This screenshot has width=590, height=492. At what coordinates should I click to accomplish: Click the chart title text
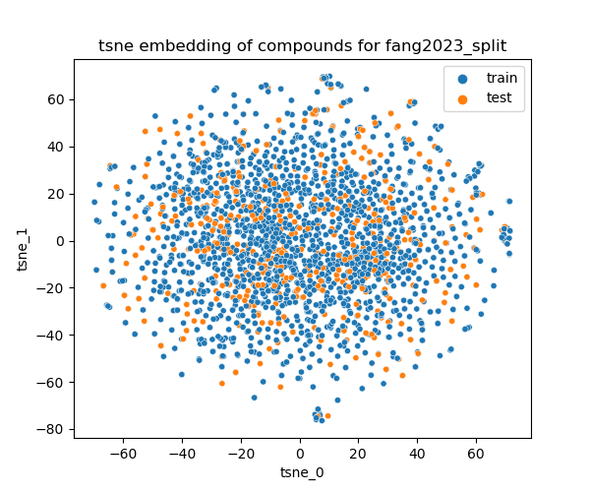[302, 45]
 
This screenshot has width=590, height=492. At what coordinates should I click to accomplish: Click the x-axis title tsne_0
[302, 472]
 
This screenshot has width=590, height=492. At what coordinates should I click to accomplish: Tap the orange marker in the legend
[462, 97]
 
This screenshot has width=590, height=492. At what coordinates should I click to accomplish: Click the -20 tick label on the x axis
[241, 456]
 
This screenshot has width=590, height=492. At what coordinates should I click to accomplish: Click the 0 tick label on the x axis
[300, 456]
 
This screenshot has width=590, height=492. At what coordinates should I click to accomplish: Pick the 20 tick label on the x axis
[359, 456]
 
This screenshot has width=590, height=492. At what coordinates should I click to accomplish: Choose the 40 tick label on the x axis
[417, 456]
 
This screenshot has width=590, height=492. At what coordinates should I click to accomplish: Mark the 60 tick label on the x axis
[476, 456]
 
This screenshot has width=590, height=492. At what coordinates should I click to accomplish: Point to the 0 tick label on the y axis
[61, 241]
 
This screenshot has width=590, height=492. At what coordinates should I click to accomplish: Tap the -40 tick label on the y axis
[53, 335]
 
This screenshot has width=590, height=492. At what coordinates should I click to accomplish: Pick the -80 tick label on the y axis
[53, 429]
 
